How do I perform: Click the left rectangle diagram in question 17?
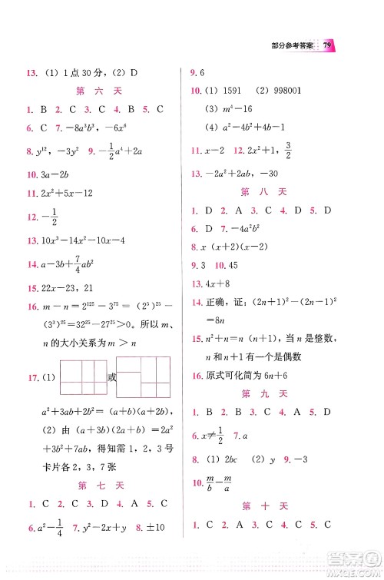click(81, 378)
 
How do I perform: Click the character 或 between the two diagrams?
click(111, 377)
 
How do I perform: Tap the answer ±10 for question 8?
click(161, 527)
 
